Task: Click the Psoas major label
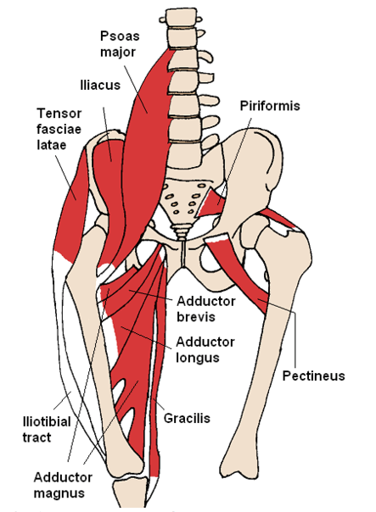coord(120,44)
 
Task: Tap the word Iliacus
coord(100,86)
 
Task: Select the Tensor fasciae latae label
coord(59,129)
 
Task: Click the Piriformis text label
coord(270,106)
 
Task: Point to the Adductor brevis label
coord(205,309)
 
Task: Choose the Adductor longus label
coord(205,350)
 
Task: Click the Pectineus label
coord(313,376)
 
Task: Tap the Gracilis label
coord(187,418)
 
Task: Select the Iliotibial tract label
coord(47,430)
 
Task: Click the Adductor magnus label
coord(63,485)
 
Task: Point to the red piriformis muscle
coord(210,203)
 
